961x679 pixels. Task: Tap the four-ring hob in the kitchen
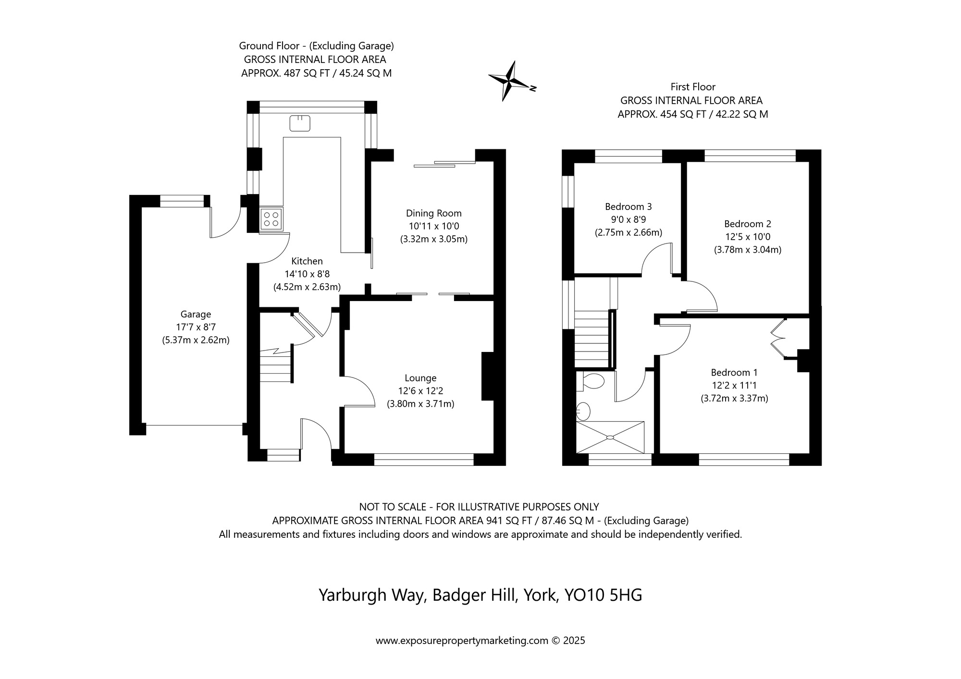[x=271, y=219]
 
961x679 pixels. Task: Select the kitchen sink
[x=300, y=123]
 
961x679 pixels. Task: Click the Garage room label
[x=196, y=315]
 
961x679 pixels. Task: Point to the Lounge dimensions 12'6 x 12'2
[x=420, y=391]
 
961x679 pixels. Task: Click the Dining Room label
[x=433, y=213]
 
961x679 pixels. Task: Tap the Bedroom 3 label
[x=628, y=207]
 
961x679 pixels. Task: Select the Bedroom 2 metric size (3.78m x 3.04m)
[x=747, y=250]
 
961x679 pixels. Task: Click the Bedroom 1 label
[x=734, y=373]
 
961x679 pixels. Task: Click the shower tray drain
[x=610, y=437]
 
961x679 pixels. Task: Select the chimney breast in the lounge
[x=488, y=376]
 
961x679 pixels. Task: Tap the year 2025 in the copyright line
[x=574, y=641]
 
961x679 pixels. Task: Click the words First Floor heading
[x=693, y=87]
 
